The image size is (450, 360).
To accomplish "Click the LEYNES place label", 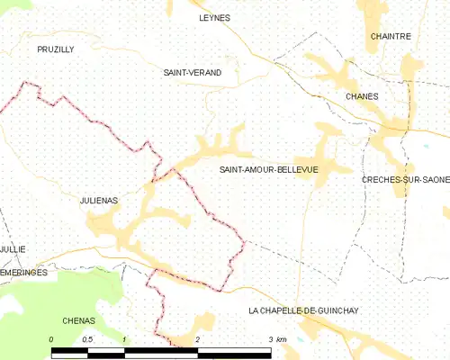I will click(x=214, y=17).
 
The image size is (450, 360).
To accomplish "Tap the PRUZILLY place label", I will click(x=55, y=49).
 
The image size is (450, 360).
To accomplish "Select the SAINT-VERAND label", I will click(x=192, y=72).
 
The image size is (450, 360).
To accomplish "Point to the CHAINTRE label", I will click(x=391, y=36).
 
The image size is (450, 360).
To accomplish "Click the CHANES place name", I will click(x=362, y=95).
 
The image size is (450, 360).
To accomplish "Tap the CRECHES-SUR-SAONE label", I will click(x=405, y=179).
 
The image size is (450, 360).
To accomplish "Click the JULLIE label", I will click(x=13, y=248).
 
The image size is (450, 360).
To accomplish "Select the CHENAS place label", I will click(x=79, y=319).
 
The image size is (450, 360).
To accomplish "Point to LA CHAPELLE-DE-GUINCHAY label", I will click(x=316, y=310).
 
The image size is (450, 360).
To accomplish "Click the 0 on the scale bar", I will click(x=51, y=339).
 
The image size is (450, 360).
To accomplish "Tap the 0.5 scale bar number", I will click(x=86, y=339).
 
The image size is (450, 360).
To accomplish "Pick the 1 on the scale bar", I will click(x=123, y=339).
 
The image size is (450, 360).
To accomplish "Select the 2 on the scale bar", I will click(x=197, y=339).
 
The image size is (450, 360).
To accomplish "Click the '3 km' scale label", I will click(x=276, y=339).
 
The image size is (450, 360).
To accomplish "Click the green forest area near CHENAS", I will click(x=54, y=292).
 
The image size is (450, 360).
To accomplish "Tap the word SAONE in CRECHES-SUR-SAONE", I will click(x=432, y=179).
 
